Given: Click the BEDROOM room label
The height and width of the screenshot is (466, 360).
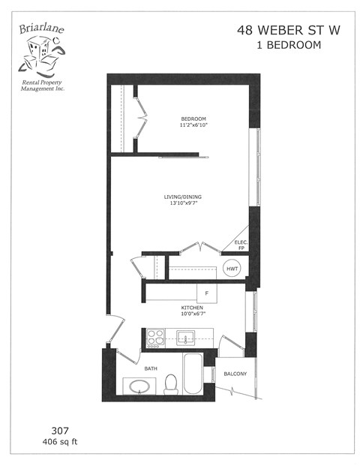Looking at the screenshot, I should pyautogui.click(x=193, y=119).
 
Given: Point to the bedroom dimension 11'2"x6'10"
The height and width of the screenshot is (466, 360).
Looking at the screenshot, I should pyautogui.click(x=193, y=126).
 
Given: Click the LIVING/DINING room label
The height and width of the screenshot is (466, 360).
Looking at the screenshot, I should pyautogui.click(x=183, y=197).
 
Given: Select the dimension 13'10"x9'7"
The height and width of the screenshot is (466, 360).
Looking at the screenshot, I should pyautogui.click(x=183, y=204).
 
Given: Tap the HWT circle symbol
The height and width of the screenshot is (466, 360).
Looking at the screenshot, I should pyautogui.click(x=232, y=269).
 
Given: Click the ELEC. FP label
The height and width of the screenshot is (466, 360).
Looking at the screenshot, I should pyautogui.click(x=241, y=245).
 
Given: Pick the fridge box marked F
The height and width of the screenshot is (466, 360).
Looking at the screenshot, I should pyautogui.click(x=205, y=292).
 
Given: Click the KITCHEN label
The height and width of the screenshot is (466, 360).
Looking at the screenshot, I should pyautogui.click(x=192, y=308).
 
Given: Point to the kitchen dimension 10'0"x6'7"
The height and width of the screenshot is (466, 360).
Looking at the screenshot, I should pyautogui.click(x=192, y=314).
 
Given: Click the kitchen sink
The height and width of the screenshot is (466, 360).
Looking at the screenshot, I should pyautogui.click(x=184, y=336).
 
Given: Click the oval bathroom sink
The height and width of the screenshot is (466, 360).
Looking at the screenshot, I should pyautogui.click(x=139, y=387).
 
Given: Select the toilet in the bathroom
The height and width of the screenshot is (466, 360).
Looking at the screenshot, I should pyautogui.click(x=171, y=383).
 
